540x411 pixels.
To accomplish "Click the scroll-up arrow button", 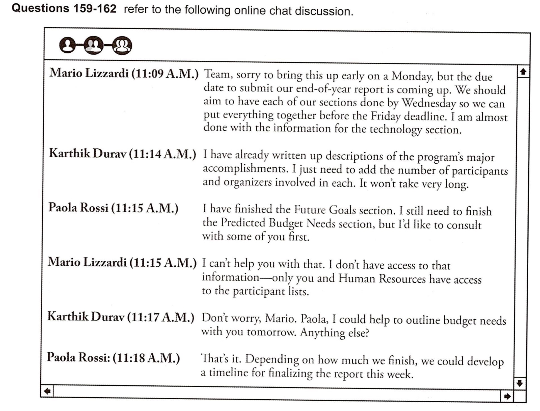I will [523, 72].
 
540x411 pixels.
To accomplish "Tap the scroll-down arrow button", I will [519, 383].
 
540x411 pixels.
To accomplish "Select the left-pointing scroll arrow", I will [47, 391].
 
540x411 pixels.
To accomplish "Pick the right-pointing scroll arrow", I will [507, 396].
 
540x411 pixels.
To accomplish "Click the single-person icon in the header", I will [67, 45].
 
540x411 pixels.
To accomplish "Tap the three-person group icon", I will [122, 45].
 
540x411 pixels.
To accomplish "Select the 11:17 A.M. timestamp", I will [161, 317].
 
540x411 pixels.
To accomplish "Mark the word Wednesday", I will [429, 103].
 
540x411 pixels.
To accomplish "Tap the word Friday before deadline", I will [386, 116].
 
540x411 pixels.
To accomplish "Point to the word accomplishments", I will [245, 169].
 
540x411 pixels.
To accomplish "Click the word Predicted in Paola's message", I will [243, 223].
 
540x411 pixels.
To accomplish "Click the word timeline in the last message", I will [229, 373].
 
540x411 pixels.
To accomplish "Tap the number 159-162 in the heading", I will [95, 9].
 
